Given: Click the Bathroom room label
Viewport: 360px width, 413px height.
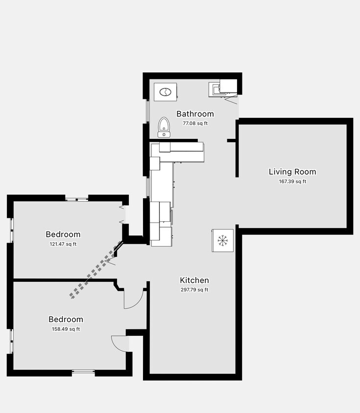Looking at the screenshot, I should (x=195, y=114).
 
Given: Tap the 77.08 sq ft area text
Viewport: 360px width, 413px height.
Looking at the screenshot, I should (x=195, y=123).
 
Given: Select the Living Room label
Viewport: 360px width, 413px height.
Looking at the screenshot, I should (x=292, y=172).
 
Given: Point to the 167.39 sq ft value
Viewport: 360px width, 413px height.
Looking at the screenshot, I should (x=292, y=182).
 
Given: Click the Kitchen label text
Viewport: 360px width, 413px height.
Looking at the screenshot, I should (x=194, y=280).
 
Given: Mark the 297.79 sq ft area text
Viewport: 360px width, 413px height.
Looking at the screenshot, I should (x=194, y=290).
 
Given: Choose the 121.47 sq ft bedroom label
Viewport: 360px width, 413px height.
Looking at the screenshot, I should (x=63, y=244).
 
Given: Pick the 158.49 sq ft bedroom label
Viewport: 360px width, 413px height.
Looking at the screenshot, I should (x=66, y=329).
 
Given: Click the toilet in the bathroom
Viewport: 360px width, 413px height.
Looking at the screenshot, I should (x=164, y=128).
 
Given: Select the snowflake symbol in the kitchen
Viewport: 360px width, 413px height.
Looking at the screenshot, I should (x=223, y=240).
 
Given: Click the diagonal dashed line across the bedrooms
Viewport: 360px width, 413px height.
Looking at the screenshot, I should (x=96, y=271).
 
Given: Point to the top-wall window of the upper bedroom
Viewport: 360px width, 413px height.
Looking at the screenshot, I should (x=77, y=199).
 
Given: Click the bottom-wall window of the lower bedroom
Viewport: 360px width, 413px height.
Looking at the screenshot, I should (x=83, y=372).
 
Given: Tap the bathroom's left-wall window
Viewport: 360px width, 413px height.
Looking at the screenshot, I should (x=147, y=111).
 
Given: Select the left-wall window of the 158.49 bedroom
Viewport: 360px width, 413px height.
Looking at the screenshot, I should (x=11, y=341).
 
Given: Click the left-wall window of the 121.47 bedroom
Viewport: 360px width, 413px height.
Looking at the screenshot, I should (x=11, y=230).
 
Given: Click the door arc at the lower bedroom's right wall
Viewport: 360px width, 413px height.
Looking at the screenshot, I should (x=120, y=343).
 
